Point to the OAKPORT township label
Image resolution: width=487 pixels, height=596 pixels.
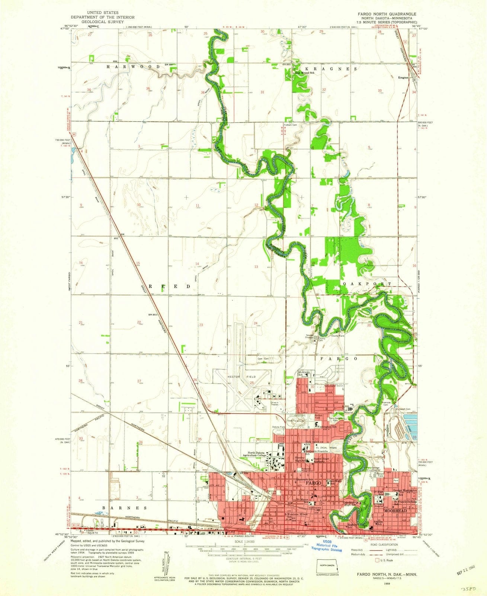click(x=366, y=283)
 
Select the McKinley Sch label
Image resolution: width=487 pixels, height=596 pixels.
click(x=304, y=373)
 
